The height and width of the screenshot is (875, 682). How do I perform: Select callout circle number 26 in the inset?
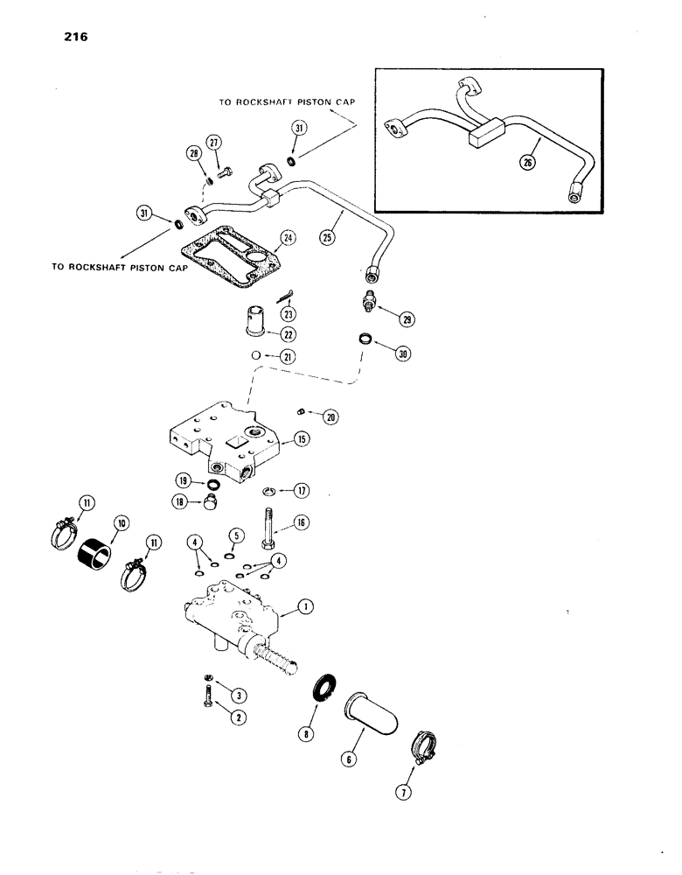click(x=527, y=162)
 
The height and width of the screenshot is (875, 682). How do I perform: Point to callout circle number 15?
click(x=300, y=439)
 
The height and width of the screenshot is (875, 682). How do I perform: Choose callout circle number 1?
click(x=306, y=605)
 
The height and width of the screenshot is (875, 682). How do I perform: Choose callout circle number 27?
click(x=215, y=143)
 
